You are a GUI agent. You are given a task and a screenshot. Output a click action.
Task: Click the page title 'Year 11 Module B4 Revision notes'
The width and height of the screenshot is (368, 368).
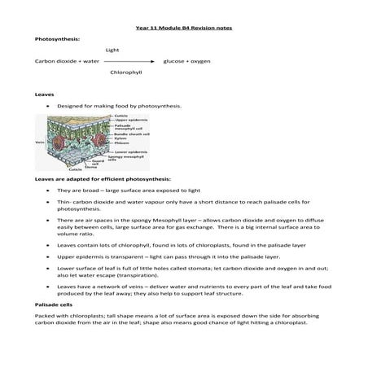click(184, 28)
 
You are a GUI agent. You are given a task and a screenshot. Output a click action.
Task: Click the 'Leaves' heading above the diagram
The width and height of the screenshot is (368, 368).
click(44, 94)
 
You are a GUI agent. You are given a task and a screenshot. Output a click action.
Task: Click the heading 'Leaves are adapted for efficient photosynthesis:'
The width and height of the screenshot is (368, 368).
click(103, 178)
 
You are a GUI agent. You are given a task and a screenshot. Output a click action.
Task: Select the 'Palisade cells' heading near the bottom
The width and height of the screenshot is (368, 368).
click(54, 304)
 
